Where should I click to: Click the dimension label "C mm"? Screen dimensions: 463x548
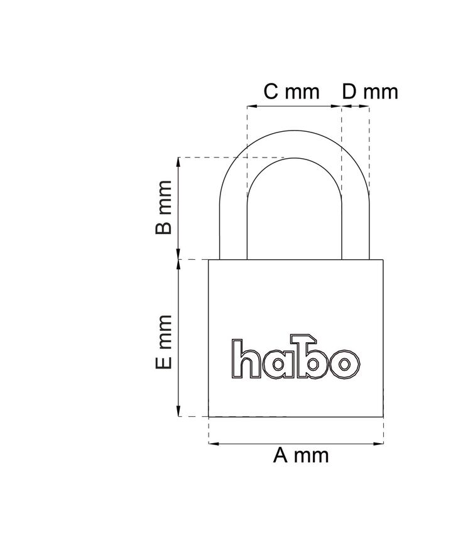[291, 92]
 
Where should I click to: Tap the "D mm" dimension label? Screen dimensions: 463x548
[370, 92]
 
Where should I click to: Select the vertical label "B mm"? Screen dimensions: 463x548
[164, 207]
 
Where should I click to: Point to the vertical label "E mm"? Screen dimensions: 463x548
[164, 342]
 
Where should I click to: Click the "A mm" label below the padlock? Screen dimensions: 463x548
[301, 455]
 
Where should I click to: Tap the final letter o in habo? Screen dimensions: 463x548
[344, 365]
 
